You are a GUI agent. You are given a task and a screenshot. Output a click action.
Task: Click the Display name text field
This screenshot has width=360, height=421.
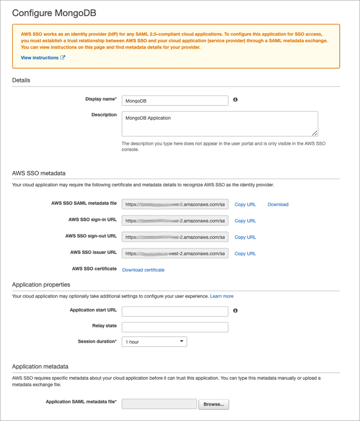[x=175, y=101]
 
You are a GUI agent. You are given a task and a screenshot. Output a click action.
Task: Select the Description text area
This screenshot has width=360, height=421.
[x=220, y=124]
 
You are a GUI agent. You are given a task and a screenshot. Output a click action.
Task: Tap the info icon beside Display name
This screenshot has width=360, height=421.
[x=235, y=100]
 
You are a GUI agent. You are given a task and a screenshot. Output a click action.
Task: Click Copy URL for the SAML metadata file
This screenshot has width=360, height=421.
[x=245, y=204]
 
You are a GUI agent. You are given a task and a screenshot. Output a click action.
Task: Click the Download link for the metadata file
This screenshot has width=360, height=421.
[x=278, y=204]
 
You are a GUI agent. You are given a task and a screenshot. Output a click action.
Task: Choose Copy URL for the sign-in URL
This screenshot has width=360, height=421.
[x=245, y=221]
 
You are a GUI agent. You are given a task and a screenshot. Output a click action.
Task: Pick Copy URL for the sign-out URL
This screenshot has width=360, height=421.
[x=245, y=237]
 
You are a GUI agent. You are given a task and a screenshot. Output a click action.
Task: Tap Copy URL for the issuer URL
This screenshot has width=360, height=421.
[x=245, y=254]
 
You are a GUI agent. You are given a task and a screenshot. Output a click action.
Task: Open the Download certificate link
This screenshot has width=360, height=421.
[x=143, y=270]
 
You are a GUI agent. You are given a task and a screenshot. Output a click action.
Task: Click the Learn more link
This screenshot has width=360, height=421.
[x=222, y=296]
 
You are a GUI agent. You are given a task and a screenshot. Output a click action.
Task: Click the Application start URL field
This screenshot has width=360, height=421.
[x=175, y=312]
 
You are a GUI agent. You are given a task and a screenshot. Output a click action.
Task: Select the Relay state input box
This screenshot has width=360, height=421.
[x=175, y=327]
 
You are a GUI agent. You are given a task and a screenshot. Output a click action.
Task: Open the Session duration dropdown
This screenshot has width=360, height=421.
[x=154, y=342]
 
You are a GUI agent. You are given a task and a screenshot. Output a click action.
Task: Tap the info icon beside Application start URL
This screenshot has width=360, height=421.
[x=235, y=310]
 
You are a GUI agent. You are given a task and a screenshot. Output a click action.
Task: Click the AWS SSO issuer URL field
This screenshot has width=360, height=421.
[x=175, y=254]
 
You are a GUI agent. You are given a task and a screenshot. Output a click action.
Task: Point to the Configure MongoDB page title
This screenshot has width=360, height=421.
[x=54, y=13]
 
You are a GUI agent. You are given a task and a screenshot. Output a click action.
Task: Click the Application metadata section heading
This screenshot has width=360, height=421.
[x=40, y=367]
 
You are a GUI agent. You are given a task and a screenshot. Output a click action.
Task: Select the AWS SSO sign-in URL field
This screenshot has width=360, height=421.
[x=175, y=221]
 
